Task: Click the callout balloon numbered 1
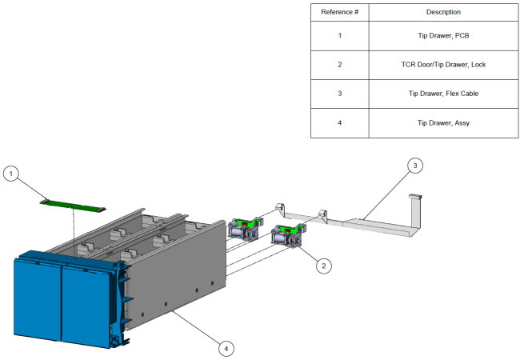[x=11, y=172]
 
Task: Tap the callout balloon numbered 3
[x=414, y=166]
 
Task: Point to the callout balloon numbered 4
[x=227, y=347]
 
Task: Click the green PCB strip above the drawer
[x=72, y=205]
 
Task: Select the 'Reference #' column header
[x=339, y=13]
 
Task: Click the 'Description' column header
[x=444, y=13]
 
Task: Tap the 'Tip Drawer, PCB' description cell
[x=444, y=37]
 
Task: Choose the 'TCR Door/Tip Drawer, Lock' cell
[x=444, y=65]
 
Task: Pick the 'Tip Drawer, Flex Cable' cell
[x=444, y=94]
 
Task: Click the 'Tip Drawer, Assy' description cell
[x=444, y=122]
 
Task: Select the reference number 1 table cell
[x=339, y=37]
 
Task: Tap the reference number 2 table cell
[x=339, y=65]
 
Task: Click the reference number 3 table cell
[x=339, y=94]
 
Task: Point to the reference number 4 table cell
[x=339, y=122]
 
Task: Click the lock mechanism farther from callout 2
[x=243, y=227]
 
